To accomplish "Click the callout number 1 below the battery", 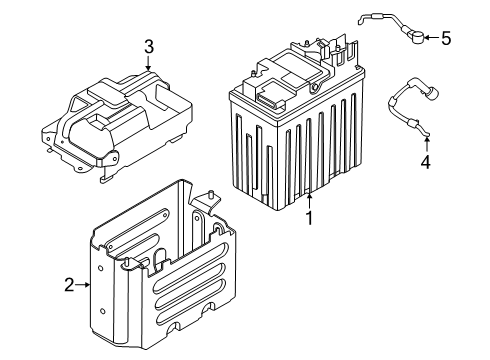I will coord(310,216).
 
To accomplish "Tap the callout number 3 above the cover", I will coord(148,46).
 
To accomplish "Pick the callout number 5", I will coord(446,39).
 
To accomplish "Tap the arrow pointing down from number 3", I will coord(148,64).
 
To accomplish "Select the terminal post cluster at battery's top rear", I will coord(325,50).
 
